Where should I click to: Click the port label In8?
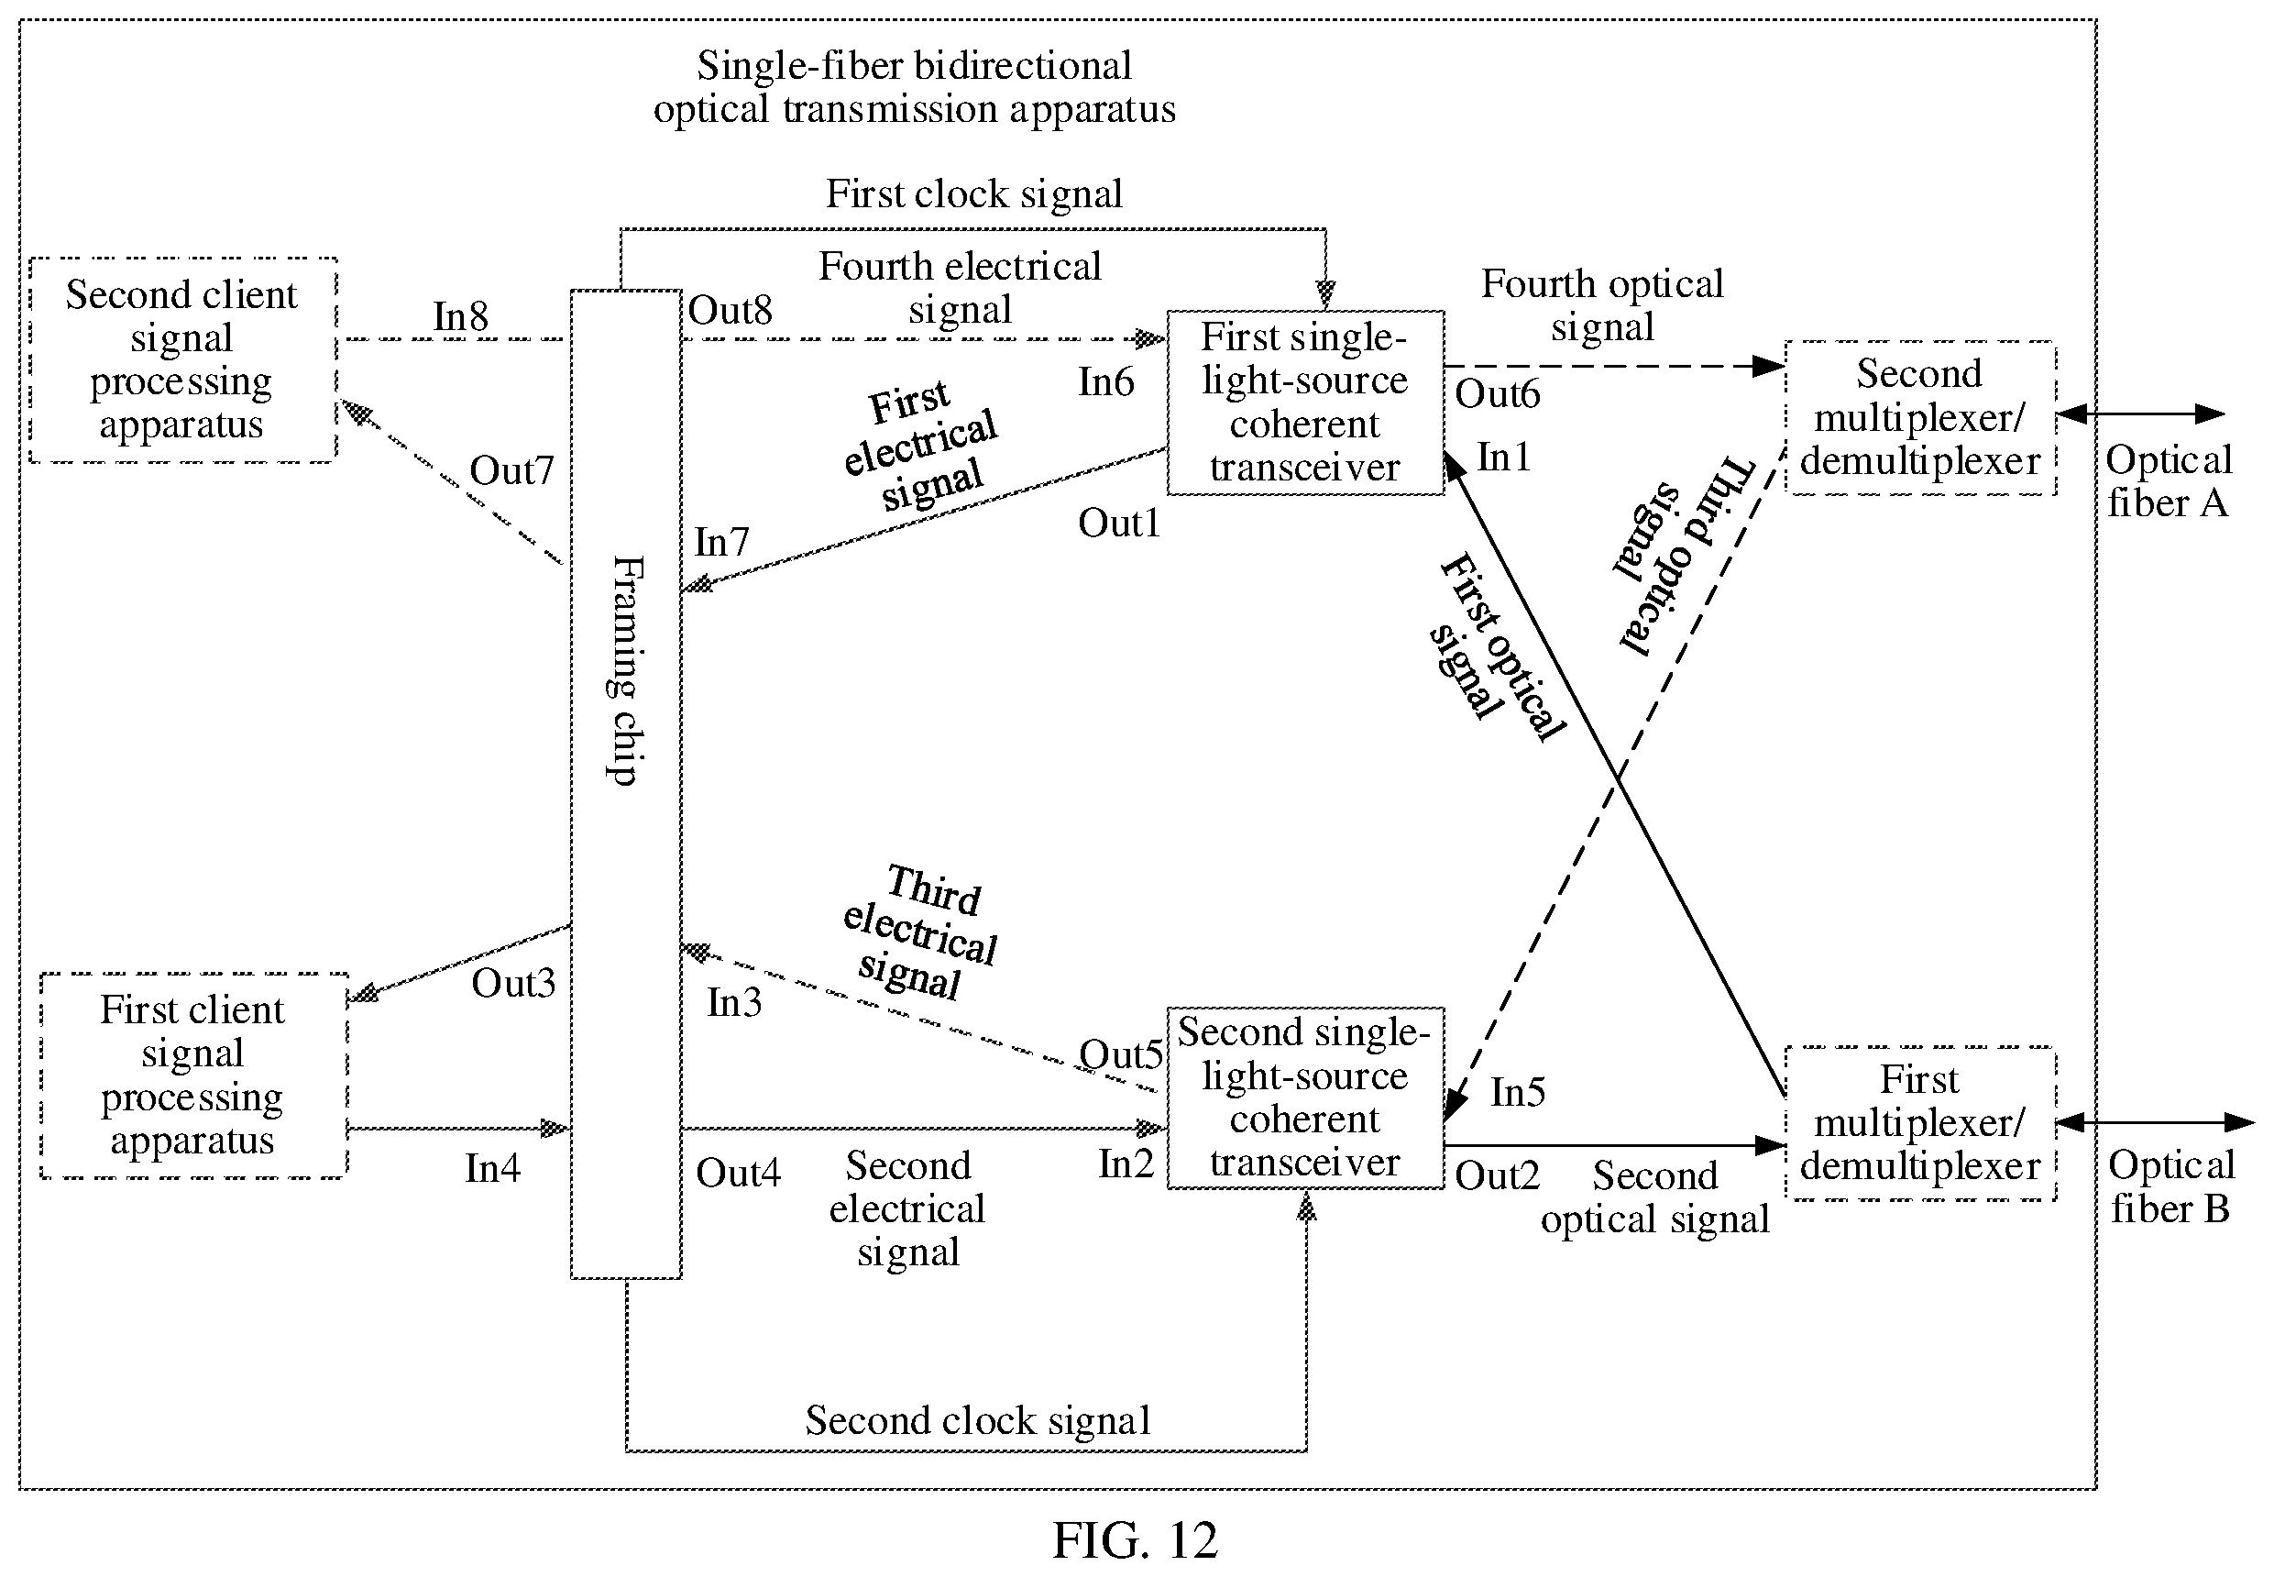tap(460, 316)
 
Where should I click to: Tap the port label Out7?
tap(511, 470)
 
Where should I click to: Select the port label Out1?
tap(1118, 523)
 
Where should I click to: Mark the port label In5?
tap(1517, 1092)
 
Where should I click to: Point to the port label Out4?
tap(738, 1173)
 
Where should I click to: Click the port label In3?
tap(734, 1002)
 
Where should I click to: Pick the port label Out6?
tap(1498, 393)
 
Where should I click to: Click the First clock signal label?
tap(974, 193)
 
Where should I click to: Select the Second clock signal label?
tap(978, 1420)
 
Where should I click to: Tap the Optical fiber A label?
tap(2169, 481)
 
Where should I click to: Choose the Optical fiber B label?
tap(2171, 1186)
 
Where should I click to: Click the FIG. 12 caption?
tap(1135, 1539)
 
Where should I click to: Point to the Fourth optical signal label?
tap(1602, 305)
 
